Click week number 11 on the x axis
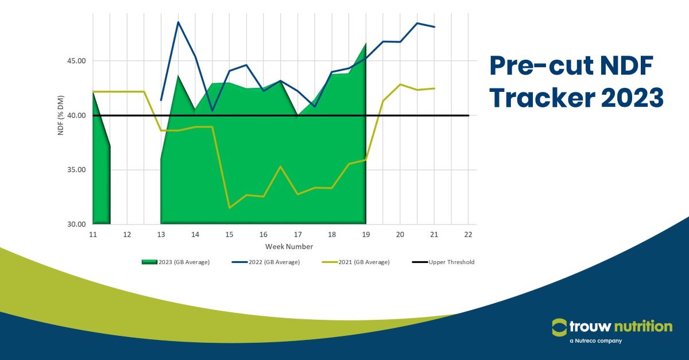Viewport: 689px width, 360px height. pos(93,235)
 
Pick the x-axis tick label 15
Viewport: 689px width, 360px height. pos(229,235)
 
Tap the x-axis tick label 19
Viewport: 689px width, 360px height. pos(366,235)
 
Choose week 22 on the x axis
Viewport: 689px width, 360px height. pos(468,235)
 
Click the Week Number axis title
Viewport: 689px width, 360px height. pos(289,246)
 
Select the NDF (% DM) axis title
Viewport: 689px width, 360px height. pos(60,115)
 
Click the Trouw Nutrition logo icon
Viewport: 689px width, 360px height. pos(559,327)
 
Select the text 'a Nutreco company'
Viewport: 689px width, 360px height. pos(595,341)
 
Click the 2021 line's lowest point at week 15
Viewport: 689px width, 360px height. pos(229,208)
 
